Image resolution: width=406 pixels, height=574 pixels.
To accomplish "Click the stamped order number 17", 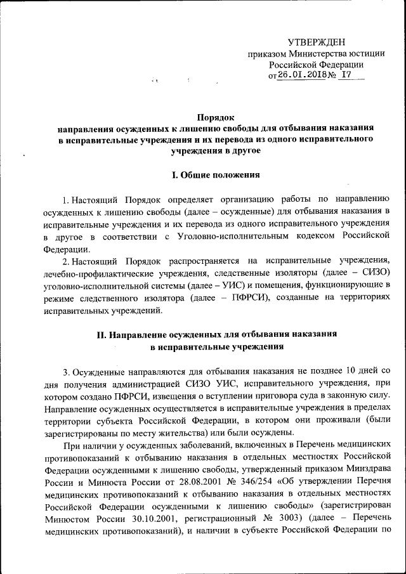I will (x=346, y=75).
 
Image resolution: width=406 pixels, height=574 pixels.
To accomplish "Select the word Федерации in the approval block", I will (x=342, y=64).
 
